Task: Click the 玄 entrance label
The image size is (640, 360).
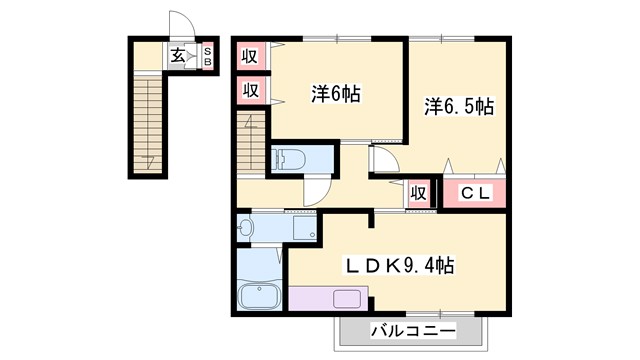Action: [x=176, y=56]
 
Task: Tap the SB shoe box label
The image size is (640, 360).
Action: [x=208, y=56]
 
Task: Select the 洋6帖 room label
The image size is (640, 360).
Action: [x=335, y=95]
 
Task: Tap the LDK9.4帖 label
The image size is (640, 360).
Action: [x=400, y=266]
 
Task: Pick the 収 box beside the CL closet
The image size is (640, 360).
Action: [x=418, y=194]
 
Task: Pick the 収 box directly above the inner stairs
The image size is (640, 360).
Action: [x=250, y=91]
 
